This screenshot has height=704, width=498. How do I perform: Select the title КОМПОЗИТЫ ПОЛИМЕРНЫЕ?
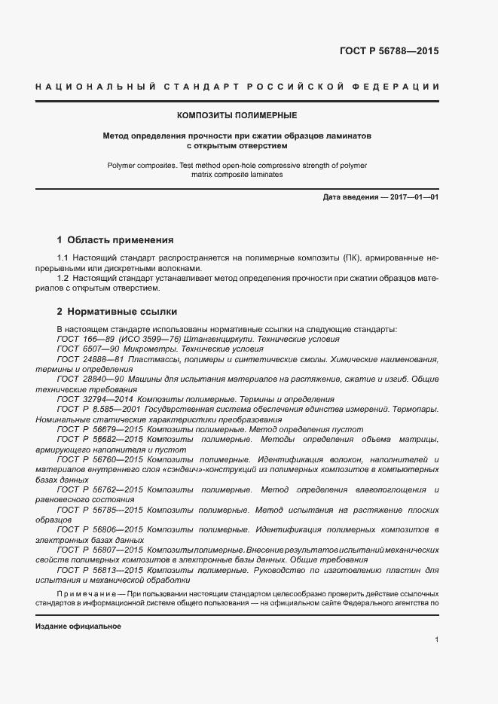point(237,115)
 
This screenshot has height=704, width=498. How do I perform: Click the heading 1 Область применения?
point(115,240)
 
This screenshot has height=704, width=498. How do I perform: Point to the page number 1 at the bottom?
point(436,639)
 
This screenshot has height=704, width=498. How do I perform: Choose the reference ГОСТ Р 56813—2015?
point(100,570)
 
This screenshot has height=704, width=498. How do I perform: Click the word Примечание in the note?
point(87,594)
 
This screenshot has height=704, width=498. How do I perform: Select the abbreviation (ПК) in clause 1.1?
point(331,258)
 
